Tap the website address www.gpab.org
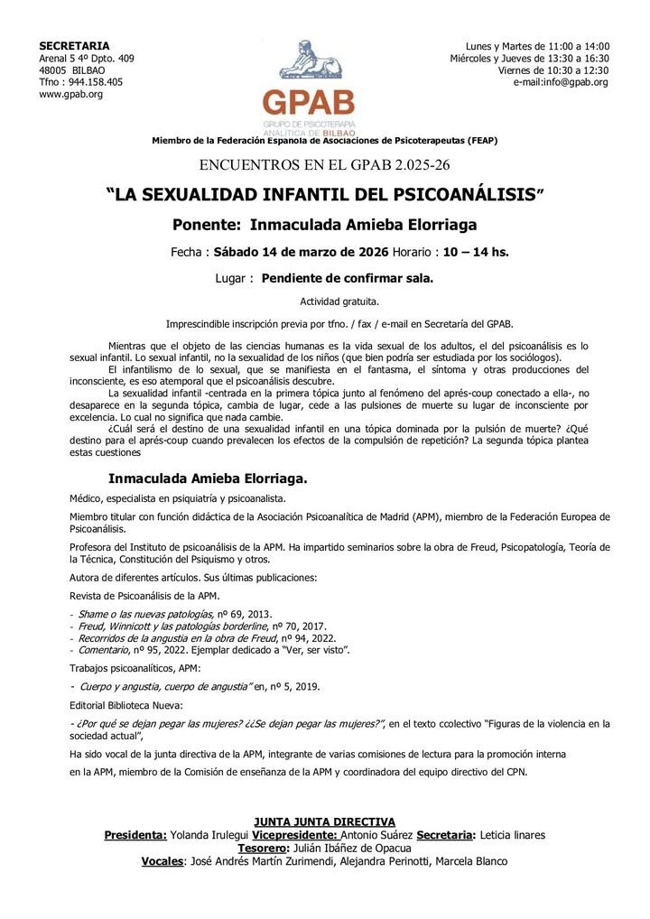[x=71, y=94]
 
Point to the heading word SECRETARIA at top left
[x=75, y=46]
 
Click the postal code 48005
[x=54, y=70]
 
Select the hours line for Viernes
[x=553, y=70]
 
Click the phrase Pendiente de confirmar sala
[x=348, y=279]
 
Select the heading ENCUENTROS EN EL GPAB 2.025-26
[x=325, y=164]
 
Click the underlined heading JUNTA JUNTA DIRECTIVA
[x=325, y=822]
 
